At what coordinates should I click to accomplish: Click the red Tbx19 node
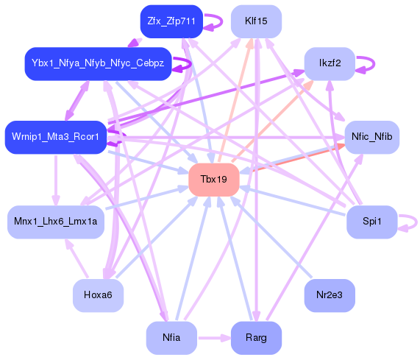coord(214,180)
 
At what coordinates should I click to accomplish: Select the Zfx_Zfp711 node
coord(171,21)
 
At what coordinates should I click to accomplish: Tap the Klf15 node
coord(256,21)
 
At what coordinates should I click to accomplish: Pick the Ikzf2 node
coord(330,63)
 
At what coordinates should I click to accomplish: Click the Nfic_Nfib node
coord(371,138)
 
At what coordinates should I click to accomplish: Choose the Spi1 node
coord(371,222)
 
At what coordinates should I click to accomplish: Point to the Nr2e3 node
coord(330,295)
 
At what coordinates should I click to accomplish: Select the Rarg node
coord(256,338)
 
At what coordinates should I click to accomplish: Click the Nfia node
coord(171,338)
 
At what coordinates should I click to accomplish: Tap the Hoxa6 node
coord(98,295)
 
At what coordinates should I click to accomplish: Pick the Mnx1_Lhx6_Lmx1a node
coord(56,222)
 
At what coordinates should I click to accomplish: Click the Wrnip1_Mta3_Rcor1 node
coord(56,138)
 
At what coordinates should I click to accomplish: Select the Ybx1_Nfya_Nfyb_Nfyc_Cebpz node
coord(98,63)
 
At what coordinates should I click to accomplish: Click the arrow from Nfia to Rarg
coord(213,338)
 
